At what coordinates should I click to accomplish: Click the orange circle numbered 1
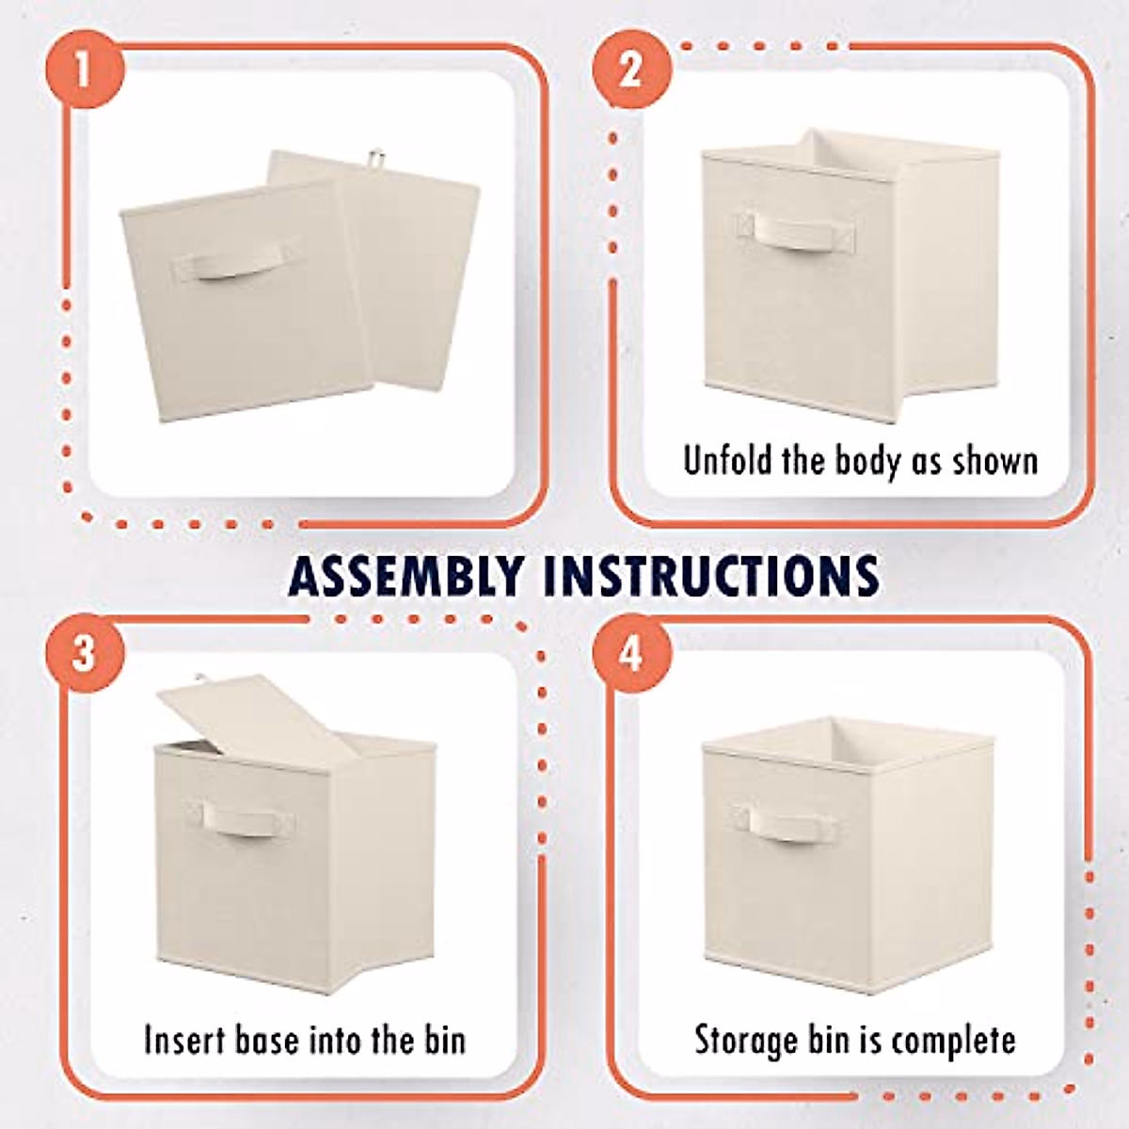84,70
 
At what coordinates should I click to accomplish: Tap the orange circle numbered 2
631,70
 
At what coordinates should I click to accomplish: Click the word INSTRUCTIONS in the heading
709,576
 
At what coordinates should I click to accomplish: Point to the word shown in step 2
995,460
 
